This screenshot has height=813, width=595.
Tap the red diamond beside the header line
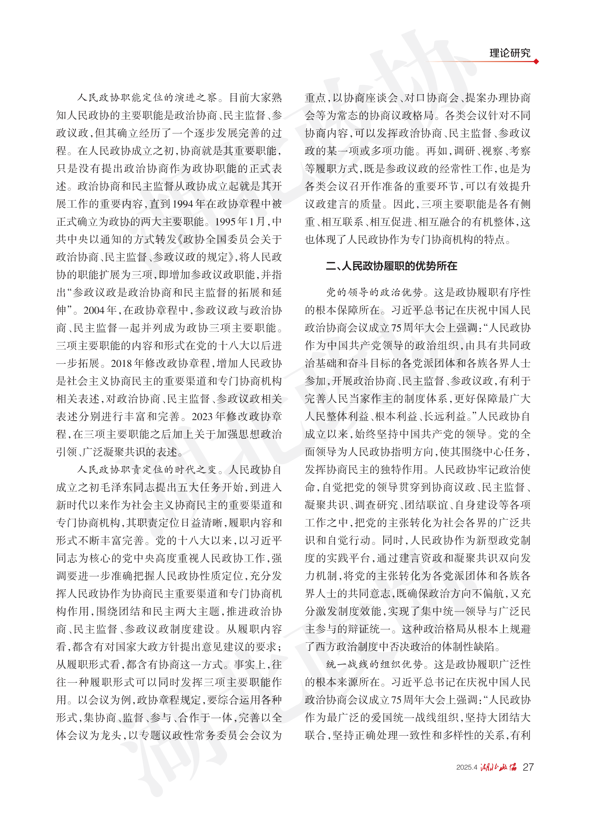click(x=536, y=62)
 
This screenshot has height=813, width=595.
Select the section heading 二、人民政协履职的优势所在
click(x=391, y=266)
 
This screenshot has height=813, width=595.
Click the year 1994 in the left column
click(x=183, y=204)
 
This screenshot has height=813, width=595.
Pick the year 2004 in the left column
click(x=95, y=311)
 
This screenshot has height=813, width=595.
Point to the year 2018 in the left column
click(x=122, y=363)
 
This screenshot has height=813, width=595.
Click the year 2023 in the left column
click(x=203, y=417)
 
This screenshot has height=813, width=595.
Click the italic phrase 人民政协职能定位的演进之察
click(x=147, y=98)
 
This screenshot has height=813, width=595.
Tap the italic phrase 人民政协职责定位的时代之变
click(x=147, y=470)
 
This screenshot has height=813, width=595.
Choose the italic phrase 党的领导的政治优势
click(x=374, y=292)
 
